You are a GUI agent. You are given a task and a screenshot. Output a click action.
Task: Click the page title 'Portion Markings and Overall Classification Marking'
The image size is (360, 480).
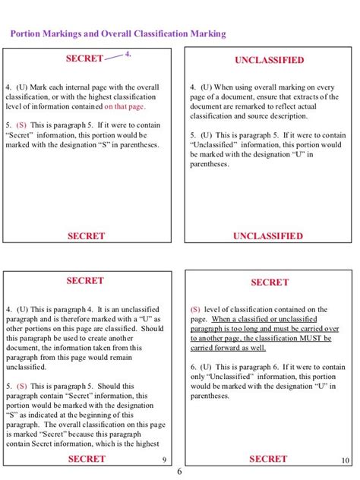point(118,34)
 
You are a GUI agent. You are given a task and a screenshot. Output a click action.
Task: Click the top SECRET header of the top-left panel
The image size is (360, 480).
point(84,58)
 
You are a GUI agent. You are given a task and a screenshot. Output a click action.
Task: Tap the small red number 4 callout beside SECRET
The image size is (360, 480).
point(128,55)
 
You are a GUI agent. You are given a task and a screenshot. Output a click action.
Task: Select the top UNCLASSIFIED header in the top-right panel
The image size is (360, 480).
point(269,60)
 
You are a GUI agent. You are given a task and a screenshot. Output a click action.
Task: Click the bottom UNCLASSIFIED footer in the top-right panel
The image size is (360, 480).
point(268,236)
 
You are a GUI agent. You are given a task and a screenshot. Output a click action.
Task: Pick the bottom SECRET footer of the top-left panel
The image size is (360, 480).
point(86,236)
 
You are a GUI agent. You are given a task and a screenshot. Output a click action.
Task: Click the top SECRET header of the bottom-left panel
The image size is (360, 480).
point(84,281)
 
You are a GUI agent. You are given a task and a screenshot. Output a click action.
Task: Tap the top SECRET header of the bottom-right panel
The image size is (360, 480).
point(270,283)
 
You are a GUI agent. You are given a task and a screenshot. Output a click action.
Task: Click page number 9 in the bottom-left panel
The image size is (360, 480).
point(165,460)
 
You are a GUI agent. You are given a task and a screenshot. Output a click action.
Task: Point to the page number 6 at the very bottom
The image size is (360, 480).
point(179,472)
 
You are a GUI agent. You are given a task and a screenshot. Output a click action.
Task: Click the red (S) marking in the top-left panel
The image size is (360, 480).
point(21,124)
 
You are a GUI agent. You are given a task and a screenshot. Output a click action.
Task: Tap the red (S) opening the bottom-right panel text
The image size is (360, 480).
point(195,310)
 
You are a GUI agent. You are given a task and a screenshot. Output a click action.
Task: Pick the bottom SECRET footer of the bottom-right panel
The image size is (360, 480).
point(268,459)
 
